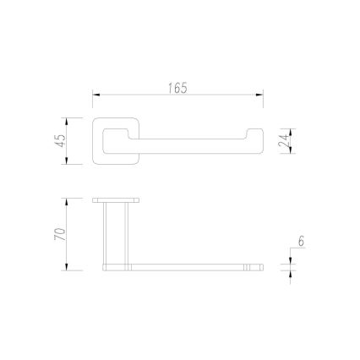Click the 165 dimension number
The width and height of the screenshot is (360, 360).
pyautogui.click(x=177, y=88)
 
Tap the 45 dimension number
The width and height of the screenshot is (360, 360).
pyautogui.click(x=62, y=141)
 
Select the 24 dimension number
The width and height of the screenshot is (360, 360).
pyautogui.click(x=284, y=141)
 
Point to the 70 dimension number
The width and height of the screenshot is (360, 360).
pyautogui.click(x=60, y=234)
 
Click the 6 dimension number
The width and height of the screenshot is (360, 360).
pyautogui.click(x=301, y=242)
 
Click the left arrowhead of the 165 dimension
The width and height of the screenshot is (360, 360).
pyautogui.click(x=96, y=95)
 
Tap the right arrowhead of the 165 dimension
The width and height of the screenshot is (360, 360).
pyautogui.click(x=259, y=95)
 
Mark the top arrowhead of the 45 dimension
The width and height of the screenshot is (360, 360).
pyautogui.click(x=67, y=122)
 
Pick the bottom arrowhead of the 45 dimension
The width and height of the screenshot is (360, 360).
pyautogui.click(x=67, y=161)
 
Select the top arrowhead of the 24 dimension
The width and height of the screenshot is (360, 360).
pyautogui.click(x=291, y=133)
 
